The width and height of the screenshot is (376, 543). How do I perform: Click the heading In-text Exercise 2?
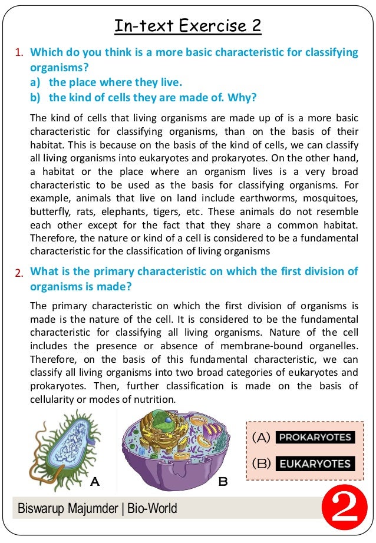coord(187,26)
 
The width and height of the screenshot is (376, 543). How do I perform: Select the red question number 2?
coord(19,273)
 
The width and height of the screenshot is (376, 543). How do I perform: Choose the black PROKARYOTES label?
coord(315,438)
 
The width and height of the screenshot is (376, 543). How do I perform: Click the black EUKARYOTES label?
coord(315,463)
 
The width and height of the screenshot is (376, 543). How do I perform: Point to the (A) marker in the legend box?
coord(261,438)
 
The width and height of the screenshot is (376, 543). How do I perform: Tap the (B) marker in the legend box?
coord(261,463)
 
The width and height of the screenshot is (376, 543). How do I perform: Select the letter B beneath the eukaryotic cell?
coord(223,481)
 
